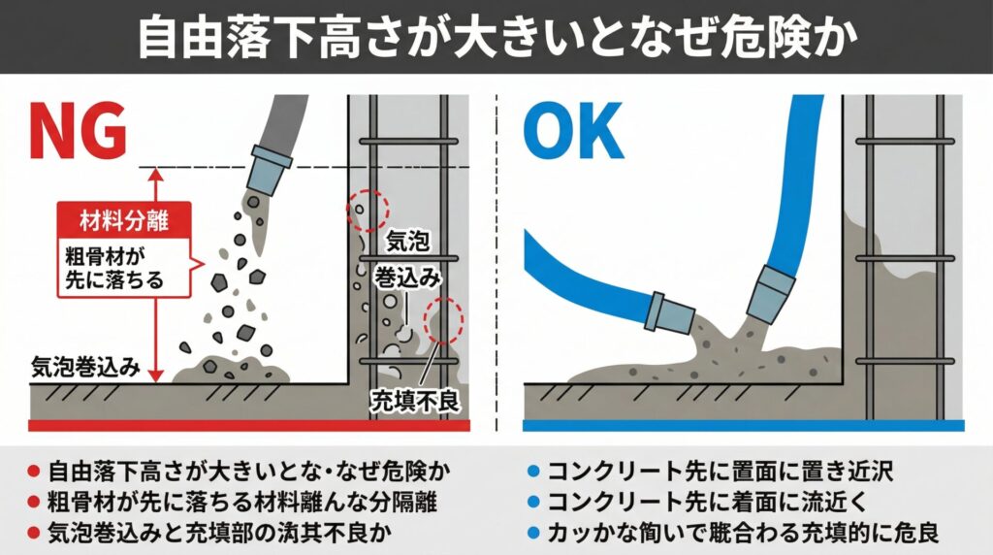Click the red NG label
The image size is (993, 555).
click(x=79, y=132)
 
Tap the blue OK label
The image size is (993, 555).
click(x=573, y=132)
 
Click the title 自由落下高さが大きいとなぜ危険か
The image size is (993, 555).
click(x=496, y=37)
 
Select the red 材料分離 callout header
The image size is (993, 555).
click(x=124, y=220)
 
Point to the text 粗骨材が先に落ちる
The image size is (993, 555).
click(x=114, y=268)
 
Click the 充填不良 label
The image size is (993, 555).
click(x=415, y=401)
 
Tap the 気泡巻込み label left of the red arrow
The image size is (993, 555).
click(x=85, y=367)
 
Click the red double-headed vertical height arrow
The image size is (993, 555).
click(x=156, y=275)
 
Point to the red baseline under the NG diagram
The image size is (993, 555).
click(x=249, y=425)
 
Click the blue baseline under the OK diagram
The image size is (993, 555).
click(x=743, y=425)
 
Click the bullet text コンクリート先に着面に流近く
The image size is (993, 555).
click(x=706, y=502)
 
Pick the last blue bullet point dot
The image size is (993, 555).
click(x=532, y=533)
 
